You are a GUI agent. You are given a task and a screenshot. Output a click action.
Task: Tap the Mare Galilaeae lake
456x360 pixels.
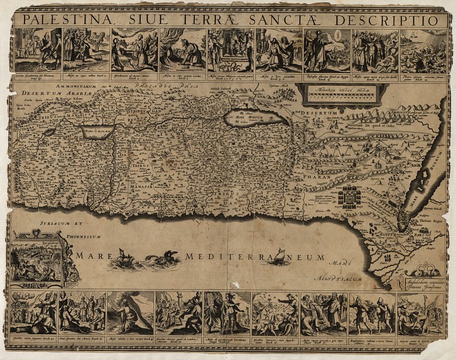pyautogui.click(x=97, y=131)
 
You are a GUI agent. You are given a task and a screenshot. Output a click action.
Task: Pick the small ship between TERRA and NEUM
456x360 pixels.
pyautogui.click(x=280, y=257)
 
